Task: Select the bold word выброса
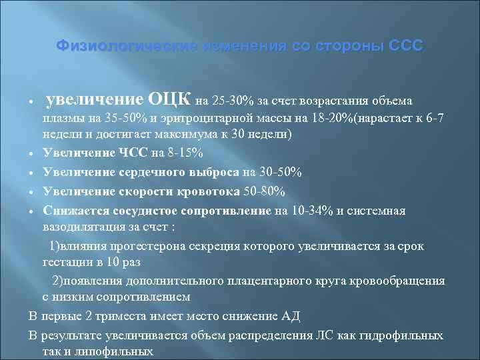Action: point(200,172)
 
